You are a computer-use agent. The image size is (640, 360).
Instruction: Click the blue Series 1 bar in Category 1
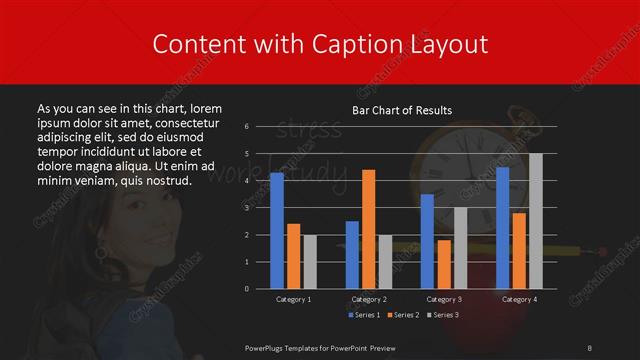[x=277, y=231]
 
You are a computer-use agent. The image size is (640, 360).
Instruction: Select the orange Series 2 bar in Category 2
[x=369, y=229]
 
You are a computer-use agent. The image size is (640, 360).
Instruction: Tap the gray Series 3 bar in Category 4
[x=535, y=221]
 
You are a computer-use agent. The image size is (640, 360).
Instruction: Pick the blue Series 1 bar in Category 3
[x=428, y=241]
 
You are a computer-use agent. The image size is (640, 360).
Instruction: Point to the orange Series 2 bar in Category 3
[x=444, y=264]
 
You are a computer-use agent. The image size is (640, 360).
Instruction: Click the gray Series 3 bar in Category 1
[x=309, y=261]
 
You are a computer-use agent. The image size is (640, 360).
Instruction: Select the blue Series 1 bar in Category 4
[x=503, y=228]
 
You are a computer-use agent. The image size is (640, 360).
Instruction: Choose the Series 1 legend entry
[x=363, y=316]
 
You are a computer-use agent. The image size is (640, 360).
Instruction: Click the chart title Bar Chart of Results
[x=402, y=110]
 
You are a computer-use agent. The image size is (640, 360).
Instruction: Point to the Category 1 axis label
[x=293, y=299]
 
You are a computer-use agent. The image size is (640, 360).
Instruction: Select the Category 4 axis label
[x=519, y=299]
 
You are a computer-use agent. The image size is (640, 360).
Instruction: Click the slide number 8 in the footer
[x=590, y=346]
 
